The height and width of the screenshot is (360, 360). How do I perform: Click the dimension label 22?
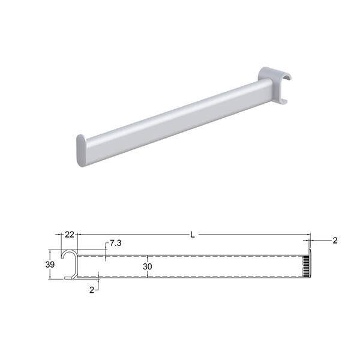pos(70,235)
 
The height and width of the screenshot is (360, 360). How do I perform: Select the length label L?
pos(193,235)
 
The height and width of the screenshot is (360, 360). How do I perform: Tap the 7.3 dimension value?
pos(115,243)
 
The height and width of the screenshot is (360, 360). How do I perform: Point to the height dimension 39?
pos(50,265)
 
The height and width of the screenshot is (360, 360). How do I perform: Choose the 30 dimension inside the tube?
pos(148,266)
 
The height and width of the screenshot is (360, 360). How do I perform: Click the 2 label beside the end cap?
pos(335,241)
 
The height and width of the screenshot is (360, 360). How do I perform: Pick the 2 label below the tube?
pos(92,290)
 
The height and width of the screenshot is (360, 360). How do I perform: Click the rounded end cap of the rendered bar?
pos(81,151)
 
